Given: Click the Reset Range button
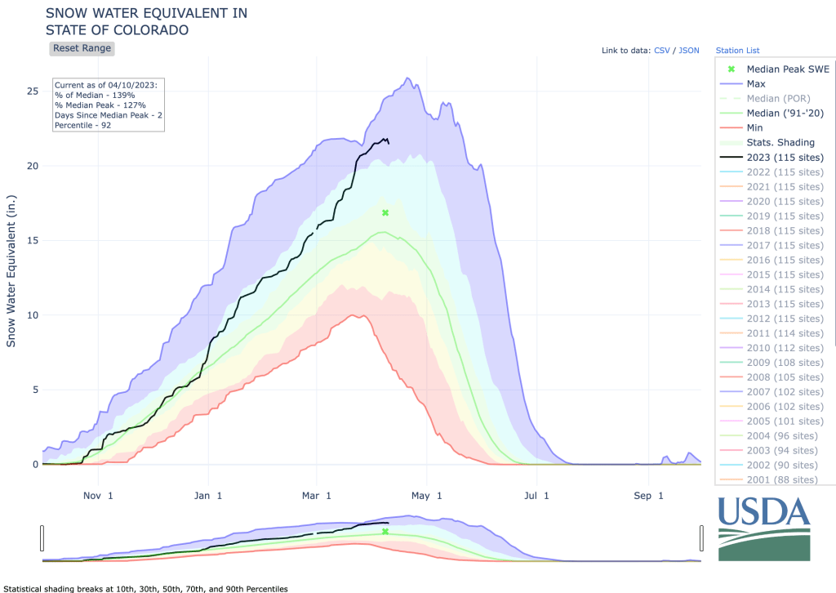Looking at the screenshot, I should (x=82, y=48).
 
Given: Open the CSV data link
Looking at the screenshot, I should (x=662, y=51).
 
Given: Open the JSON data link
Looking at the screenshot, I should (x=689, y=51).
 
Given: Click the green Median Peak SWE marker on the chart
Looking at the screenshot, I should (x=385, y=212).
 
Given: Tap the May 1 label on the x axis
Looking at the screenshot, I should (x=426, y=496).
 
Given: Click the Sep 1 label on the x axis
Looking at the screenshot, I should (x=649, y=496).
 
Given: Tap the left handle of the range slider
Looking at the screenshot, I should (x=42, y=538).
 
